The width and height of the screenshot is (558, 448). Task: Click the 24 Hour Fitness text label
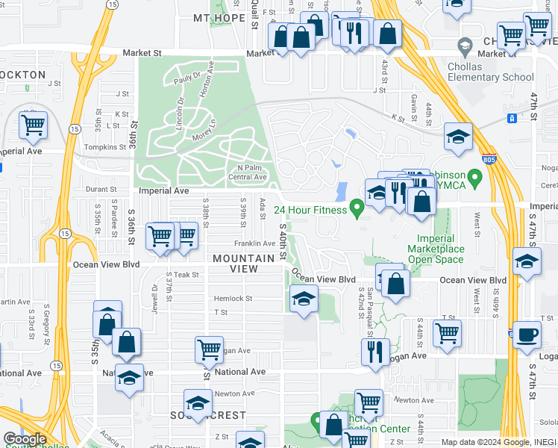310,210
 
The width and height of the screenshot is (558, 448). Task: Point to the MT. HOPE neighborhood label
219,18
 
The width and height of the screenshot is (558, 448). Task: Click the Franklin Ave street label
254,243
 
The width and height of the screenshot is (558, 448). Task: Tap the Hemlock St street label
233,299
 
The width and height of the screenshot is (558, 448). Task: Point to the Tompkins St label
102,147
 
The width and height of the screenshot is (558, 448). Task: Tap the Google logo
25,439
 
